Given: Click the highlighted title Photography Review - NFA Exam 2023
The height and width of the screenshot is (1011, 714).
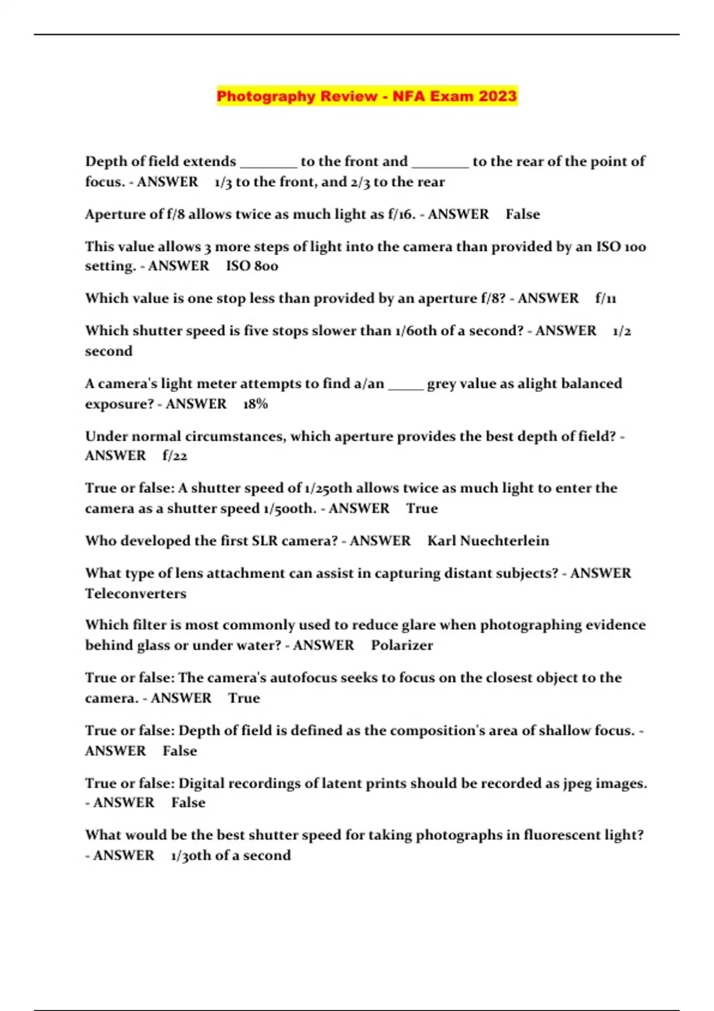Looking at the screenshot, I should pyautogui.click(x=367, y=96).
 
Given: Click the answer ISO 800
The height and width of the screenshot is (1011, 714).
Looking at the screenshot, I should pyautogui.click(x=252, y=266).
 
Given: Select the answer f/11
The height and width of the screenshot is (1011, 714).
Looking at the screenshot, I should pyautogui.click(x=606, y=298).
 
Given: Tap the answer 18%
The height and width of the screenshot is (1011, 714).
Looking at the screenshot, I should pyautogui.click(x=255, y=404).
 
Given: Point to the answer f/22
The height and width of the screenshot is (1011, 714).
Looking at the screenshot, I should pyautogui.click(x=175, y=456).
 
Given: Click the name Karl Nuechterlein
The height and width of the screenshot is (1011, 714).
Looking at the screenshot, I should pyautogui.click(x=488, y=541).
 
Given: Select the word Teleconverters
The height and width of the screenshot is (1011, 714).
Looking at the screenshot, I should pyautogui.click(x=136, y=593).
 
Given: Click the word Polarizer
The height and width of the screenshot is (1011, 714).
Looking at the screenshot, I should pyautogui.click(x=402, y=645).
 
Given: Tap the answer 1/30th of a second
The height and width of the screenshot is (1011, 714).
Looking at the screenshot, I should pyautogui.click(x=231, y=855).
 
